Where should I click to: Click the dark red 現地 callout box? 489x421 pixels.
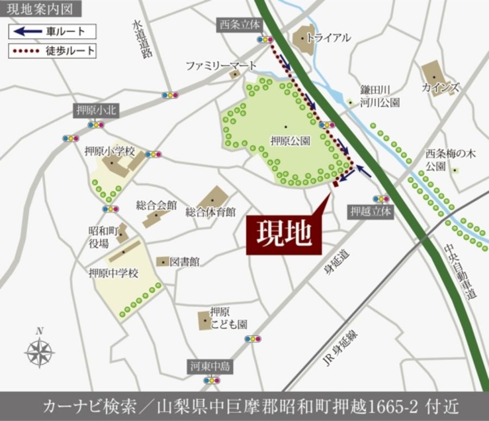[x=284, y=234]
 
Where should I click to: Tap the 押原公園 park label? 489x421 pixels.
[x=290, y=140]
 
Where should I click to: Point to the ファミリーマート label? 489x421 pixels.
[x=221, y=65]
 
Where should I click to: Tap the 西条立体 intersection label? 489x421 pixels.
[x=240, y=24]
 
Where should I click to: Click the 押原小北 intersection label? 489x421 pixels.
[x=96, y=111]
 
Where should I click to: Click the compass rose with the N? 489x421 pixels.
[x=39, y=352]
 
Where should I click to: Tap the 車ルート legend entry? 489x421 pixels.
[x=52, y=32]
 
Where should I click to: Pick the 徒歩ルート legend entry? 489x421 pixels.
[x=52, y=51]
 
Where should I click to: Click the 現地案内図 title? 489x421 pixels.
[x=41, y=9]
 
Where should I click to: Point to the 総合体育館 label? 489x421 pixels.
[x=210, y=212]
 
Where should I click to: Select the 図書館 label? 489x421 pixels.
[x=184, y=262]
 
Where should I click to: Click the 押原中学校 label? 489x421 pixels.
[x=114, y=273]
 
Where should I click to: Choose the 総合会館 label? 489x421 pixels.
[x=156, y=206]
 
